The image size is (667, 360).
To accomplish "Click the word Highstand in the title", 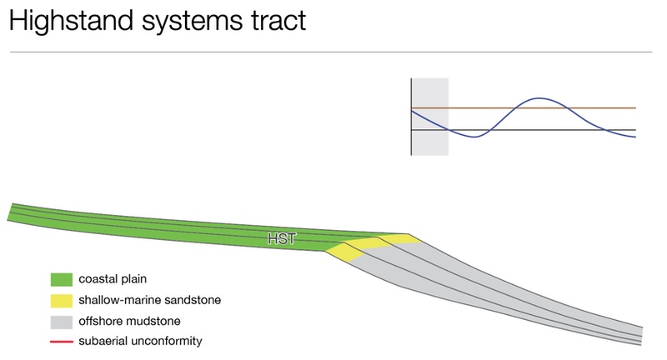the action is point(71,21).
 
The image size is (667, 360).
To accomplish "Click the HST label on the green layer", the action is point(281,239).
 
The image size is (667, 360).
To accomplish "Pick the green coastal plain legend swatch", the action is point(61,279).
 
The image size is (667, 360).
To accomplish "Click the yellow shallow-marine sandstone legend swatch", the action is point(61,301).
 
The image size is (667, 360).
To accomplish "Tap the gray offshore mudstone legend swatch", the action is point(61,322).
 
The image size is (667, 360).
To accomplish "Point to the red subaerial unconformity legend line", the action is point(61,342).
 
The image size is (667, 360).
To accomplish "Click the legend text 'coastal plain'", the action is point(113,279).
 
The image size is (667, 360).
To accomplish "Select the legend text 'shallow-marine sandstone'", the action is point(150,300).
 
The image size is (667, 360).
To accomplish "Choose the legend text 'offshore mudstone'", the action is point(129,321).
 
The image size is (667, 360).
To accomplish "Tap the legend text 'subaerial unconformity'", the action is point(140,341).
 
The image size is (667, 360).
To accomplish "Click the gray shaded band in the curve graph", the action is point(430,117).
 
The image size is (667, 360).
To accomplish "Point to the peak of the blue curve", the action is point(539,98).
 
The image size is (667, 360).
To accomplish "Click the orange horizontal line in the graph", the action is point(524,108).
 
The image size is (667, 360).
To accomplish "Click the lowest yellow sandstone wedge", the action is point(344,252).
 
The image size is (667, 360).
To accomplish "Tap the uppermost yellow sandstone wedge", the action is point(400,238).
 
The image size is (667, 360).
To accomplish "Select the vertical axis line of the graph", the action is point(411,117).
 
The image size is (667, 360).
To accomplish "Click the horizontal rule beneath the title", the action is point(331,52).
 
